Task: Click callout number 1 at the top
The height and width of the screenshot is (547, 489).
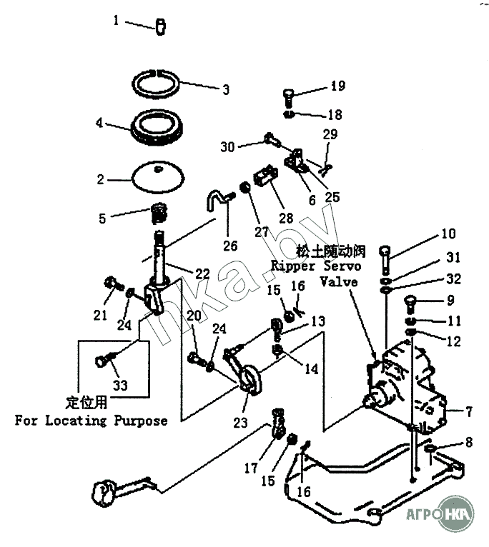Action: pos(117,21)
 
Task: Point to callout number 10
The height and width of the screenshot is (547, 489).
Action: pos(448,233)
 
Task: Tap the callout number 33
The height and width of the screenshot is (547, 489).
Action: pos(120,385)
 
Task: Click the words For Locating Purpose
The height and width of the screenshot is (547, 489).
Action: pos(91,420)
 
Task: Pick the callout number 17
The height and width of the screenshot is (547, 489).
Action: pos(250,469)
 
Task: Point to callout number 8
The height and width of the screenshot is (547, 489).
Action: pos(469,443)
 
